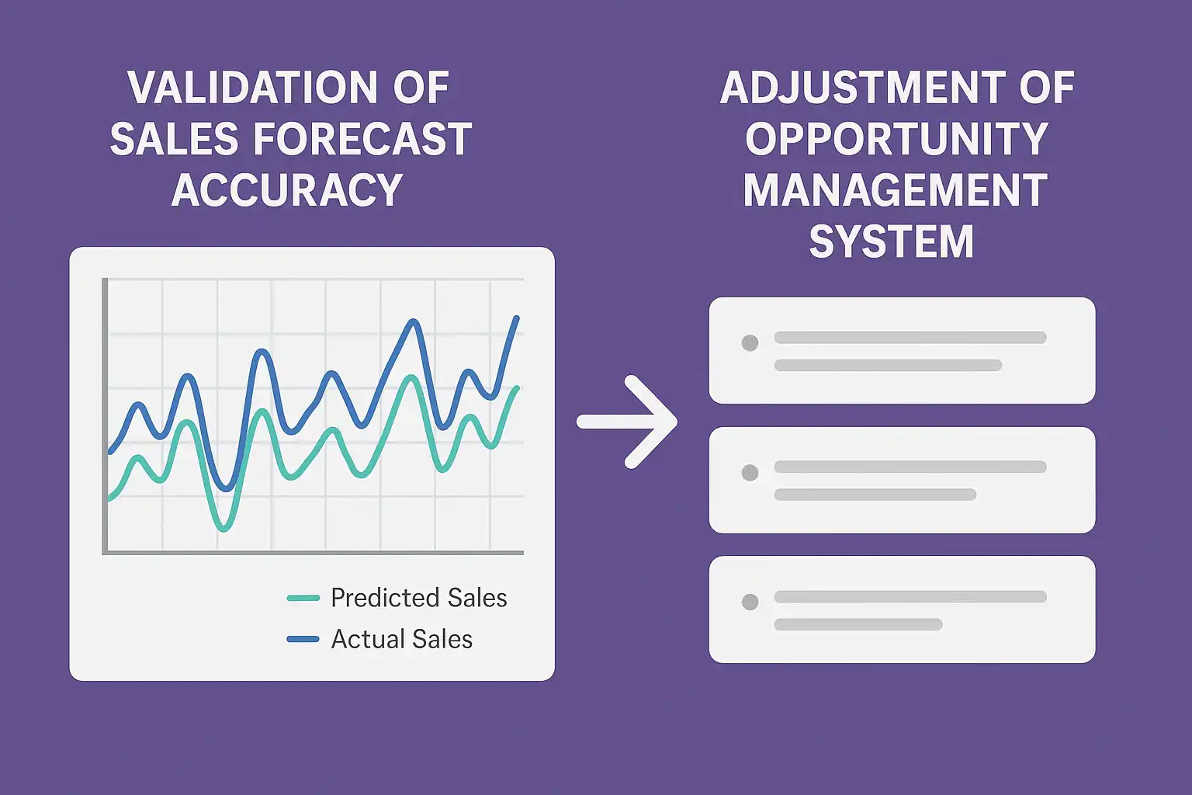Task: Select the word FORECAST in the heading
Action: [362, 139]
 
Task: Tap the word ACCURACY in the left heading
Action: [287, 190]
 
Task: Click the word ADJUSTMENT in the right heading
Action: [863, 88]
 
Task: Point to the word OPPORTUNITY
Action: [896, 139]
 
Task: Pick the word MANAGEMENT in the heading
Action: [896, 190]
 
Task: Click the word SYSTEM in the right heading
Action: [892, 241]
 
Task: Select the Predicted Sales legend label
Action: [419, 598]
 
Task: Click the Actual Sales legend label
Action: [402, 639]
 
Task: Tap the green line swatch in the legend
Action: [303, 598]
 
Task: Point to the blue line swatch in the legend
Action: [303, 639]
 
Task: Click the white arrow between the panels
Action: [627, 422]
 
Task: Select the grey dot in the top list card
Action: [750, 343]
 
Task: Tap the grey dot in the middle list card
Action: [750, 472]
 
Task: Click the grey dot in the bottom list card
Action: [750, 602]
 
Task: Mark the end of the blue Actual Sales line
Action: [516, 318]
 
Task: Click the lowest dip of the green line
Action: [224, 529]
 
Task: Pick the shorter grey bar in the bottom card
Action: [858, 624]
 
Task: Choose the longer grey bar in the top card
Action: [910, 337]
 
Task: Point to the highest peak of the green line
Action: [411, 377]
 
